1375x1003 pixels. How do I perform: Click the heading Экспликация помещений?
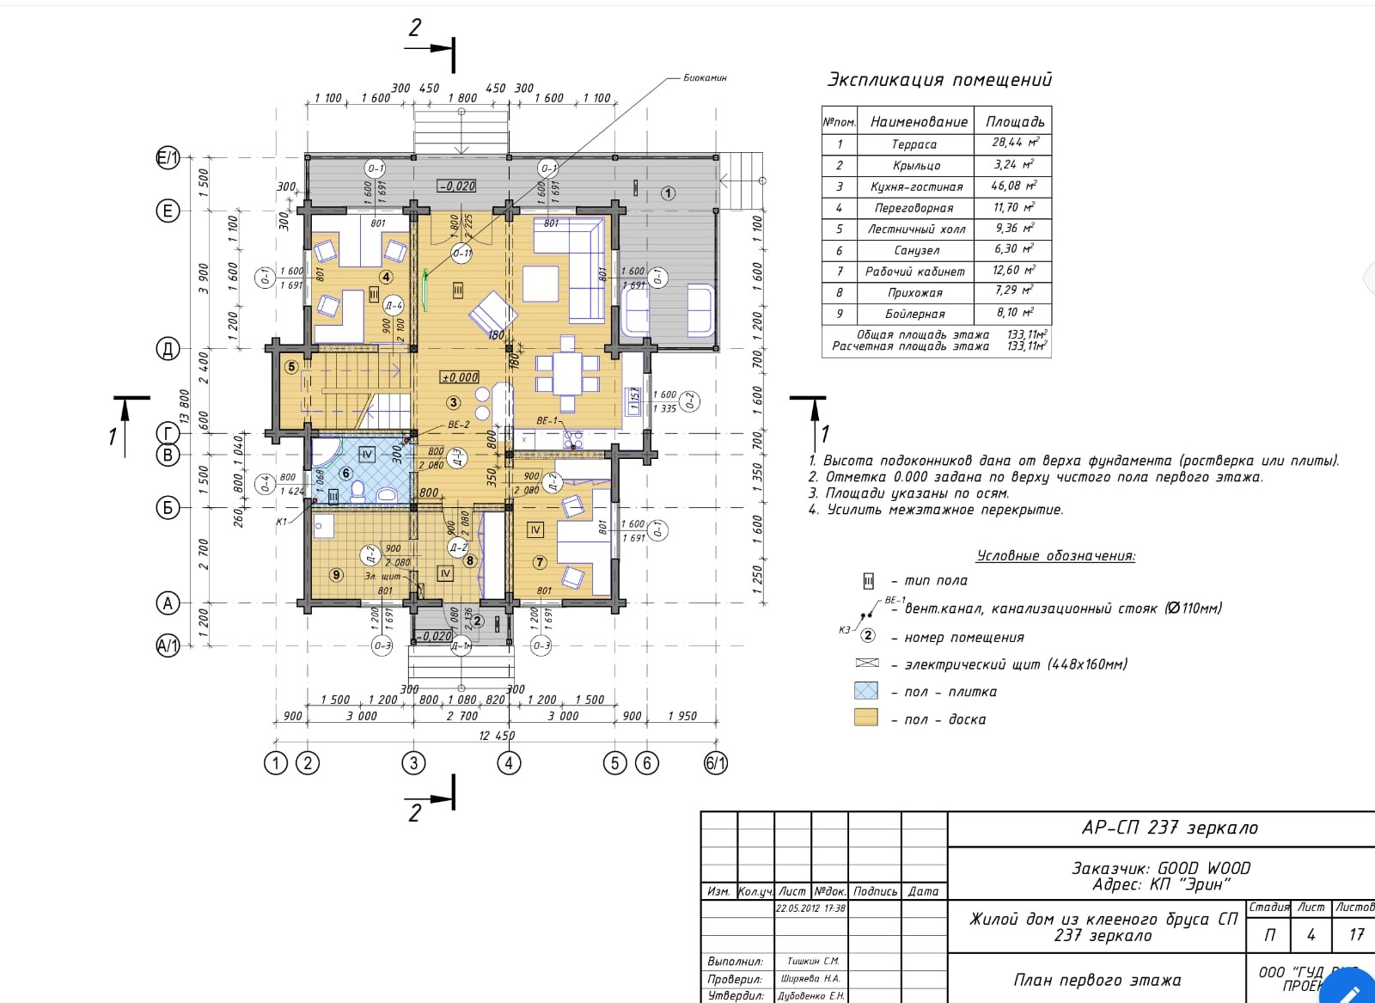pyautogui.click(x=938, y=80)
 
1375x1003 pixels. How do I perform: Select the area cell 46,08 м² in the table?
pyautogui.click(x=1013, y=186)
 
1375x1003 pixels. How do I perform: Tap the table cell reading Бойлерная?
pyautogui.click(x=915, y=314)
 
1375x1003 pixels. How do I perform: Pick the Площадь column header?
pyautogui.click(x=1014, y=121)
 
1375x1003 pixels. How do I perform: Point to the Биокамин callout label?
pyautogui.click(x=705, y=77)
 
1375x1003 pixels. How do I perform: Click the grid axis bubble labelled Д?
pyautogui.click(x=168, y=349)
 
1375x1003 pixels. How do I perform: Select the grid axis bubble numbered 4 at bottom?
pyautogui.click(x=509, y=762)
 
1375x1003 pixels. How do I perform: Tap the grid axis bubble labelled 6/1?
pyautogui.click(x=716, y=762)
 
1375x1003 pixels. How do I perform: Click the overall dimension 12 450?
pyautogui.click(x=497, y=736)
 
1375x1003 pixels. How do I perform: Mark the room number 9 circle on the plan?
pyautogui.click(x=336, y=574)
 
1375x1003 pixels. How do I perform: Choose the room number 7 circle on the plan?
pyautogui.click(x=540, y=562)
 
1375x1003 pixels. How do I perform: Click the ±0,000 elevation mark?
pyautogui.click(x=460, y=377)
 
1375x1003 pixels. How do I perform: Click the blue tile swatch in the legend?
pyautogui.click(x=865, y=691)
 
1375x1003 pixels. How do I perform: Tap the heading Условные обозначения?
pyautogui.click(x=1055, y=555)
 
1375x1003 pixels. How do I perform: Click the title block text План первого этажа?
pyautogui.click(x=1097, y=980)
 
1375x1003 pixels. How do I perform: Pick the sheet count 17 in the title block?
pyautogui.click(x=1356, y=934)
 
